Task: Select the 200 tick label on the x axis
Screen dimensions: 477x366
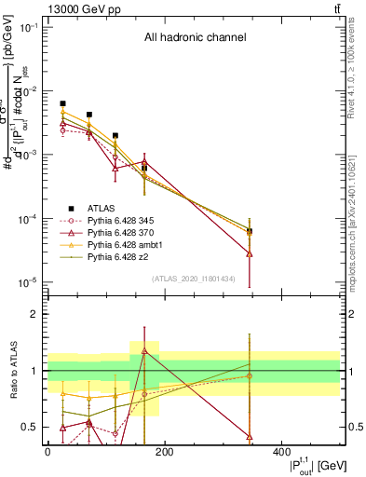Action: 164,452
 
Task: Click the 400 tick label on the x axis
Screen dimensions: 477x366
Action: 281,452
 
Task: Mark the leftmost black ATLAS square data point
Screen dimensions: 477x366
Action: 62,103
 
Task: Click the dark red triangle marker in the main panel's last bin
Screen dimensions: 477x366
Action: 250,253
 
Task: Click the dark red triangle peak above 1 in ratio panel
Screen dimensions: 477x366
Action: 144,350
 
